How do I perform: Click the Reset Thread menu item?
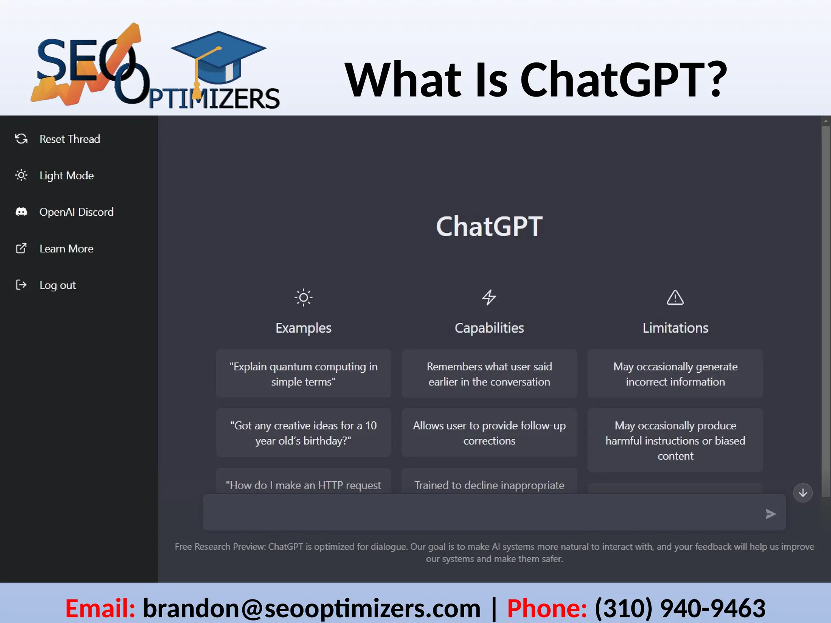coord(69,139)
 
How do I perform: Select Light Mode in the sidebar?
coord(66,176)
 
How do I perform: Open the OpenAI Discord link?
coord(76,212)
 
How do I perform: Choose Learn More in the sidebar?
coord(66,249)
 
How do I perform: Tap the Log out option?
coord(58,285)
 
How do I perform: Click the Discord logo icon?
coord(21,212)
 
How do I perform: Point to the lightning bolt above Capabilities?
coord(489,297)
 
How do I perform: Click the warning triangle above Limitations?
coord(675,298)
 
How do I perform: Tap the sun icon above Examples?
coord(304,298)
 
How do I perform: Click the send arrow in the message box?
coord(770,514)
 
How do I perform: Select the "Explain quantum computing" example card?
coord(304,374)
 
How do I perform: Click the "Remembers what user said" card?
coord(489,374)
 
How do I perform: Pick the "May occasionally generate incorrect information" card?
coord(675,374)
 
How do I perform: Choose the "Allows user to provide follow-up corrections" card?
coord(489,433)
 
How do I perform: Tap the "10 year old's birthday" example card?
coord(304,433)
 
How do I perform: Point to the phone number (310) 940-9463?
coord(680,608)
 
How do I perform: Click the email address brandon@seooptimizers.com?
coord(312,608)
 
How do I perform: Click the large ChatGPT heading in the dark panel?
coord(489,226)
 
